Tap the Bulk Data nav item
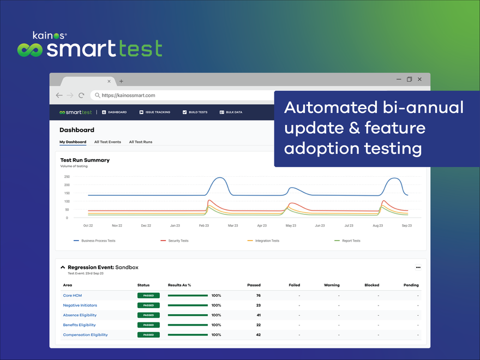[231, 112]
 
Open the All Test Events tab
[107, 142]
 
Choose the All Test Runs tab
[141, 142]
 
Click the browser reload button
[81, 95]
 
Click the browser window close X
[419, 79]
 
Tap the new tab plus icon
[121, 81]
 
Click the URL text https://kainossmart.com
[128, 95]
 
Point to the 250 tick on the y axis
[67, 177]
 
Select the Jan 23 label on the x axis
[175, 225]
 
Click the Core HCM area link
[72, 296]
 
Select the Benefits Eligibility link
[80, 325]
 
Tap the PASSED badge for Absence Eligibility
[148, 315]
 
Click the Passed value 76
[258, 296]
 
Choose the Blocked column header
[372, 285]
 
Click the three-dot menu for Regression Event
[418, 267]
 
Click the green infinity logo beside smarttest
[30, 50]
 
